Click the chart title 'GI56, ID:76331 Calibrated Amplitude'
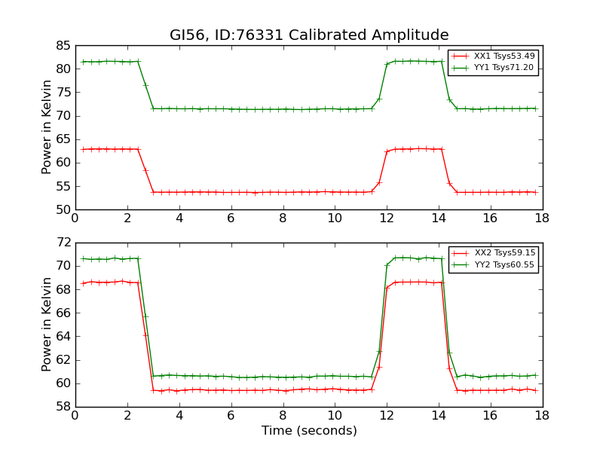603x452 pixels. coord(309,35)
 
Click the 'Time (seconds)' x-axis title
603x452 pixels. coord(309,431)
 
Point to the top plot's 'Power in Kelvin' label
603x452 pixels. coord(47,127)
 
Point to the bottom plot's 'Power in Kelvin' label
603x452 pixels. coord(47,325)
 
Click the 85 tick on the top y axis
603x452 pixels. coord(63,45)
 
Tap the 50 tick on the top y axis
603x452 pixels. coord(63,209)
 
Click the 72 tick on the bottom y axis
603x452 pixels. coord(63,243)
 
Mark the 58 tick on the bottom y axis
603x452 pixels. coord(63,407)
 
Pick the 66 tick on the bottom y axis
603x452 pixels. coord(63,313)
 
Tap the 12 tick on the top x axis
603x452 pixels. coord(386,218)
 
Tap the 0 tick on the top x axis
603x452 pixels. coord(75,218)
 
